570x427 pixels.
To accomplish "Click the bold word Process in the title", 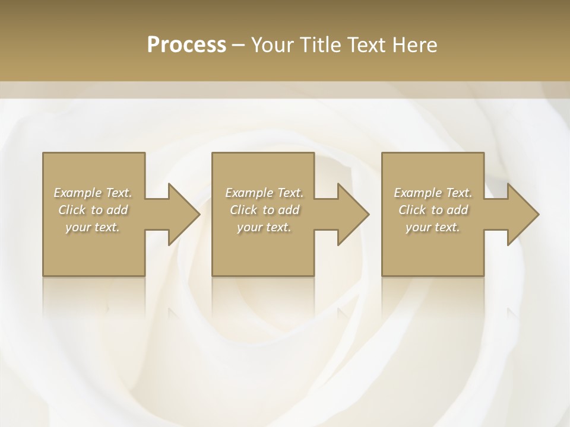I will coord(186,45).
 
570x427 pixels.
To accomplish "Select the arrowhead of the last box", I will coord(522,214).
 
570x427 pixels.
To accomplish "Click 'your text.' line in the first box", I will coord(93,227).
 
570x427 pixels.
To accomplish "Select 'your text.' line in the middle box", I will coord(264,227).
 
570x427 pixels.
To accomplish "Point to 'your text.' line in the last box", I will coord(433,227).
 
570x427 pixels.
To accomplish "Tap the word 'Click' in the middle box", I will coord(243,210).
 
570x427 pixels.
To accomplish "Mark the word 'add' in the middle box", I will coord(289,210).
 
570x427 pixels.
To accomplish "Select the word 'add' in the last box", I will coord(458,210).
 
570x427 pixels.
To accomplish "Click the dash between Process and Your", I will coord(239,45).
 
